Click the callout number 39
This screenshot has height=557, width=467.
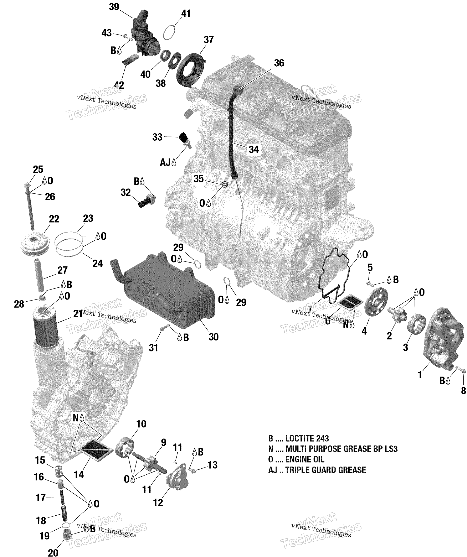[114, 7]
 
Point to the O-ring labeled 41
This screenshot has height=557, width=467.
[169, 33]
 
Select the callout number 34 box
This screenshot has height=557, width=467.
[253, 149]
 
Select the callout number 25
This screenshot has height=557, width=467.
[38, 169]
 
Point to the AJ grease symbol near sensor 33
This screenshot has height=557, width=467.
[168, 162]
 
